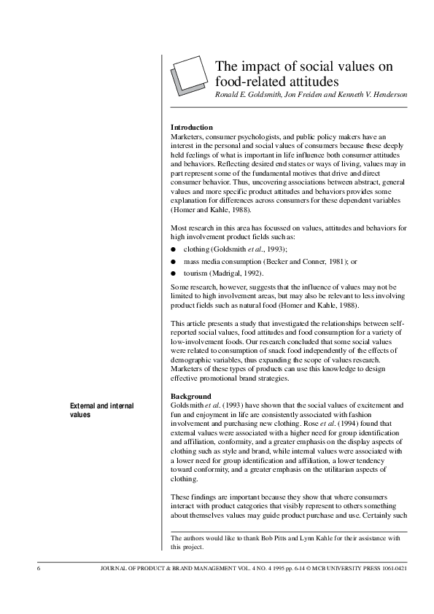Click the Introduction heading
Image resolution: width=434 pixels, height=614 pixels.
191,128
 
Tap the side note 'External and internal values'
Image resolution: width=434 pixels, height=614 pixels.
101,410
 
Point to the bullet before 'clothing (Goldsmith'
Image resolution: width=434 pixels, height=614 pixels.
173,249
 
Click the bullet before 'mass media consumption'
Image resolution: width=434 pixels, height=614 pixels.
173,260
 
